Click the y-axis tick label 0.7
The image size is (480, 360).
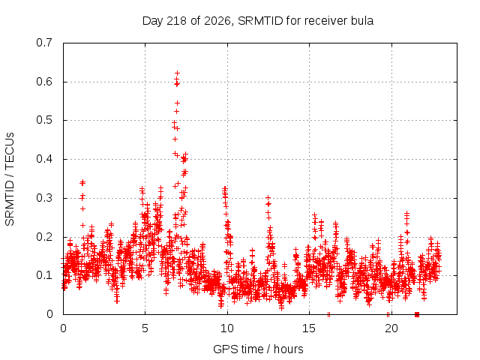coord(44,43)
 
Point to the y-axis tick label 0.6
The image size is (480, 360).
coord(44,82)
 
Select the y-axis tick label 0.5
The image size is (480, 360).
coord(44,120)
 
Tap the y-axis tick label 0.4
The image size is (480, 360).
coord(44,159)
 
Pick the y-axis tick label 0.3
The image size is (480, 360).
coord(44,198)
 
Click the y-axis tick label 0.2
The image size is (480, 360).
coord(44,237)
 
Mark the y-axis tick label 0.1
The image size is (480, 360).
coord(44,275)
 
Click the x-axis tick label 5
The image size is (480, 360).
coord(145,328)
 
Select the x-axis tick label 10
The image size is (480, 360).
coord(227,328)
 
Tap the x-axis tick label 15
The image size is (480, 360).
coord(309,328)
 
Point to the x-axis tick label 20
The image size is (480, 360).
coord(391,328)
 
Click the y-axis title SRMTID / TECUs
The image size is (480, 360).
coord(10,179)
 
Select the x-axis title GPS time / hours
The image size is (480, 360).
coord(258,349)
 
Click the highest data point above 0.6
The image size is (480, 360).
coord(177,73)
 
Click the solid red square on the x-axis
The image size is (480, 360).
coord(417,314)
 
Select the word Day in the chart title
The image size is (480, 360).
coord(153,21)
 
